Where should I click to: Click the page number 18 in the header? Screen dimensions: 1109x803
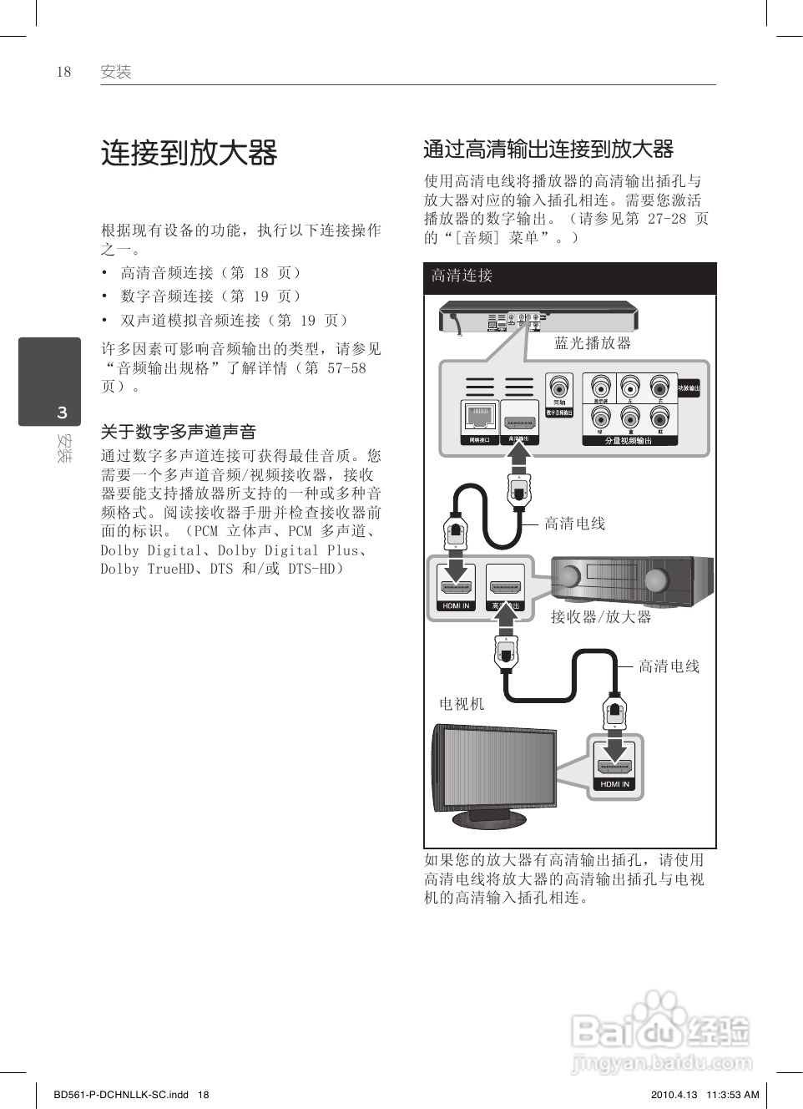(64, 72)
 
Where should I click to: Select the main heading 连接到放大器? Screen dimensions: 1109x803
(189, 153)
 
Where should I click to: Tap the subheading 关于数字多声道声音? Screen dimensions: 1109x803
(178, 432)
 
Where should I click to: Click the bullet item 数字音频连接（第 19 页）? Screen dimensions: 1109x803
(210, 296)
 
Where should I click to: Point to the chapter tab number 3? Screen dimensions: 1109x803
(62, 413)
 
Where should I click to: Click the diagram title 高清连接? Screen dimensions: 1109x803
(462, 276)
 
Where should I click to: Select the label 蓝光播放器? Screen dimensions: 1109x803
(593, 343)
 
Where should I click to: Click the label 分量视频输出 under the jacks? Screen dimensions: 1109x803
(629, 441)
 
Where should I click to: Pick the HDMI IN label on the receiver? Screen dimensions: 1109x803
(456, 606)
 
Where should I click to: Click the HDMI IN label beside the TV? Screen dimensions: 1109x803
(615, 784)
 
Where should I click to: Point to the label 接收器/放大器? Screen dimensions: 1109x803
(600, 617)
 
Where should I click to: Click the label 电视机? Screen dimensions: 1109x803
(462, 704)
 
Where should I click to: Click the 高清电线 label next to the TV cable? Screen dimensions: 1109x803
(669, 666)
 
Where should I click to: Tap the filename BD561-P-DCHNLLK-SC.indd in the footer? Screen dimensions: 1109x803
(120, 1095)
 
